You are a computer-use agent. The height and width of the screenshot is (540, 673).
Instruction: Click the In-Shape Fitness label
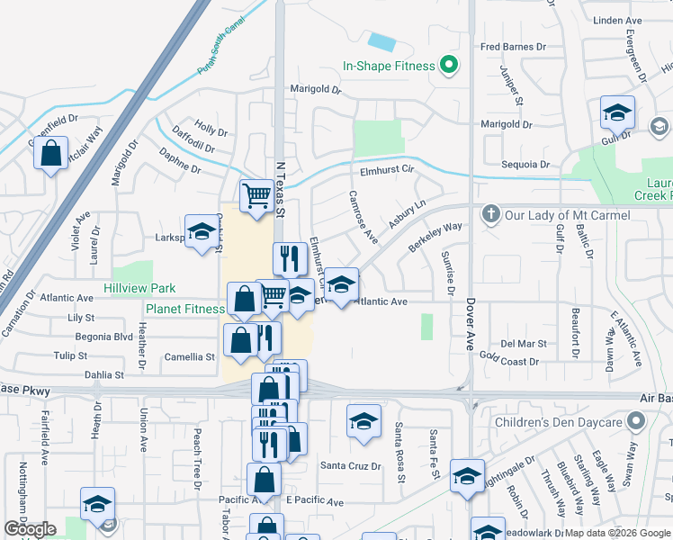(x=388, y=66)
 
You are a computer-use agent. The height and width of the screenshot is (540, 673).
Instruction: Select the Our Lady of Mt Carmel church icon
(x=490, y=214)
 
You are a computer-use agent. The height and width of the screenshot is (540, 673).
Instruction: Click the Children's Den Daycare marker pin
(x=637, y=421)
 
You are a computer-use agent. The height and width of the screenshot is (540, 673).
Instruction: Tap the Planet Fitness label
(x=184, y=309)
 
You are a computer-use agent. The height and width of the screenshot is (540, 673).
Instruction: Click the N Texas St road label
(x=279, y=190)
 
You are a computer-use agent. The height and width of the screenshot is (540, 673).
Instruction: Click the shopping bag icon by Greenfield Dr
(x=51, y=153)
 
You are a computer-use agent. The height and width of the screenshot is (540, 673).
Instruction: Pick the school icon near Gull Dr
(x=618, y=113)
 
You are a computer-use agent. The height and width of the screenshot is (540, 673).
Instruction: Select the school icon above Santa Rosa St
(x=363, y=421)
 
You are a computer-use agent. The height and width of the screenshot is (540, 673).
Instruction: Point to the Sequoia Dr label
(x=525, y=165)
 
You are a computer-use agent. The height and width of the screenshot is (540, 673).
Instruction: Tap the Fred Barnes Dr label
(x=514, y=47)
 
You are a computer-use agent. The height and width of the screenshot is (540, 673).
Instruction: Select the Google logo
(x=30, y=528)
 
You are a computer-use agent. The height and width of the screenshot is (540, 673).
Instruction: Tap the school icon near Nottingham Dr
(x=97, y=504)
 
